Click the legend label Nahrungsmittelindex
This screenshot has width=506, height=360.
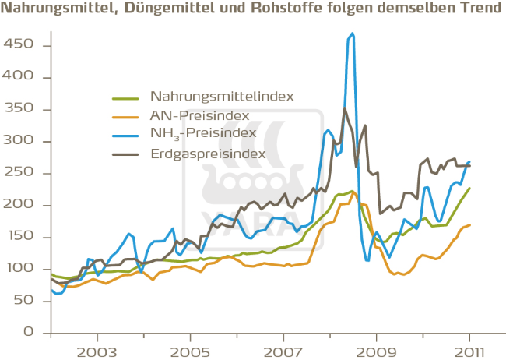coord(222,97)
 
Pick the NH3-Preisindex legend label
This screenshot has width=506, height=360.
coord(202,135)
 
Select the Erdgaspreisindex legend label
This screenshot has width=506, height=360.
coord(208,154)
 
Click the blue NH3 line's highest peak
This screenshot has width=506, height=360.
coord(353,34)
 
